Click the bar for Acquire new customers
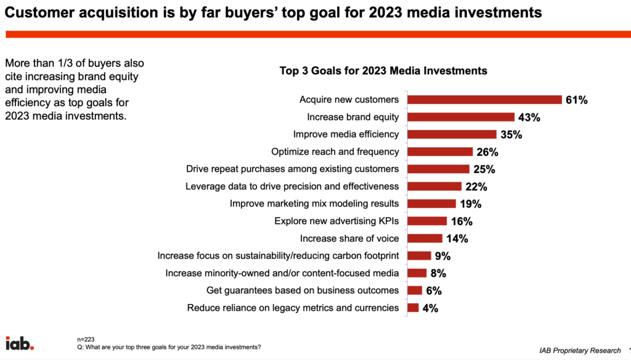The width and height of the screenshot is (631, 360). [x=484, y=100]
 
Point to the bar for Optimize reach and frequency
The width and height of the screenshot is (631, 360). [x=440, y=152]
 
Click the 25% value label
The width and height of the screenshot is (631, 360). [x=484, y=169]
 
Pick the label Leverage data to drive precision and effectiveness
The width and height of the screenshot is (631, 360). [x=292, y=186]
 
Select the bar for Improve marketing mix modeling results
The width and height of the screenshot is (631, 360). [x=432, y=203]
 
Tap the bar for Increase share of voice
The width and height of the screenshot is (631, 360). [x=425, y=238]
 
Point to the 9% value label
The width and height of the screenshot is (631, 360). [x=442, y=255]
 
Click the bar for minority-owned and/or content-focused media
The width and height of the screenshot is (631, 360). [x=417, y=272]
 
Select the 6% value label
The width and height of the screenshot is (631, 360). [x=434, y=290]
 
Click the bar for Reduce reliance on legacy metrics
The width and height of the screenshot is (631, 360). [x=413, y=308]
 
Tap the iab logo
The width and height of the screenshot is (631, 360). [x=20, y=343]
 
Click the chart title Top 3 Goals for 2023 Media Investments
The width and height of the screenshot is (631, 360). [x=383, y=71]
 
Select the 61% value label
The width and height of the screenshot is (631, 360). [x=577, y=100]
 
